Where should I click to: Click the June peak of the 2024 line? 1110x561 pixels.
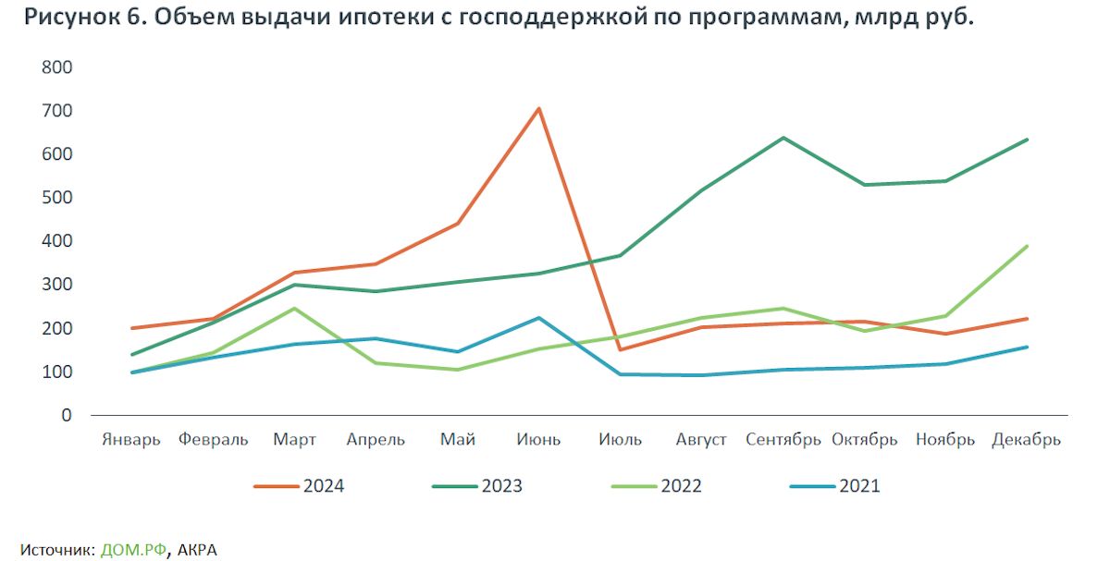[538, 109]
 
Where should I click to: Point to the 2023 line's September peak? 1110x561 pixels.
[783, 138]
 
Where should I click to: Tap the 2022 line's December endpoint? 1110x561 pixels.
[1027, 246]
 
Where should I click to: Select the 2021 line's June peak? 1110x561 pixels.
[538, 318]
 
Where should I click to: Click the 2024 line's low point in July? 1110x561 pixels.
[621, 349]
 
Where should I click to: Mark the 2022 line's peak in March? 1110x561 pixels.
[294, 308]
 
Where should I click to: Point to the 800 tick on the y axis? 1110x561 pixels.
[57, 67]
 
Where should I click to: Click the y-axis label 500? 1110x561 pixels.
[57, 198]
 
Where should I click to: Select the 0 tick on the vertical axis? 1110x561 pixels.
[66, 415]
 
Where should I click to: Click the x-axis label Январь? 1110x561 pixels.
[131, 440]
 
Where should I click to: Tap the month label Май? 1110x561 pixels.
[458, 440]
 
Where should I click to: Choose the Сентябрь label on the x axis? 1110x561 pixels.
[783, 440]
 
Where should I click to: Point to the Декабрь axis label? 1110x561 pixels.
[1026, 440]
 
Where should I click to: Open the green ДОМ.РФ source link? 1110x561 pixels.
[134, 549]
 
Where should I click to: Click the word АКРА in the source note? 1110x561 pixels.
[197, 549]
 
